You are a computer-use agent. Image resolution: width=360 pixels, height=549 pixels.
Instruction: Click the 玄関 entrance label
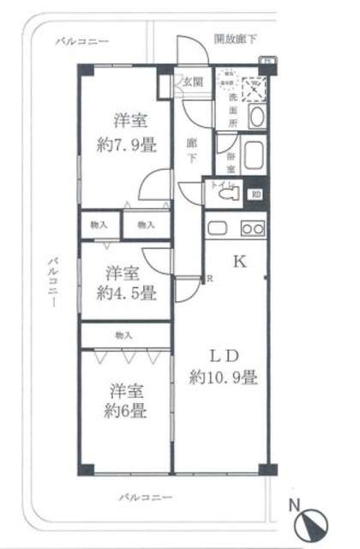pyautogui.click(x=191, y=82)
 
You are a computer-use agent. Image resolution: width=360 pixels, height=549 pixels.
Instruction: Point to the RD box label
pyautogui.click(x=257, y=193)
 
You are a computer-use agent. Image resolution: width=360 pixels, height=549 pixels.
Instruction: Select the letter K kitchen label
pyautogui.click(x=241, y=263)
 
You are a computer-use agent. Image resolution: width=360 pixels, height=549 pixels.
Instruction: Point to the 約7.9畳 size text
pyautogui.click(x=125, y=143)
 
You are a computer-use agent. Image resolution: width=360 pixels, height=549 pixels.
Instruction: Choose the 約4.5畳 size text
pyautogui.click(x=125, y=293)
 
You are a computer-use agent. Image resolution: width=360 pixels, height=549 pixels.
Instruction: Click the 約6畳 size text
pyautogui.click(x=123, y=411)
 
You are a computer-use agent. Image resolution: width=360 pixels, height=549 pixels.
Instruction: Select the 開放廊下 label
pyautogui.click(x=235, y=39)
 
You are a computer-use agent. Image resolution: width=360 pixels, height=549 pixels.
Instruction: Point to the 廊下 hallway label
pyautogui.click(x=193, y=150)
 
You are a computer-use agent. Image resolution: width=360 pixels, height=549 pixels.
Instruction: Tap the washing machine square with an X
pyautogui.click(x=254, y=87)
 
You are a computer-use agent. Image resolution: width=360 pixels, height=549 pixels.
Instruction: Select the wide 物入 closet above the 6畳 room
pyautogui.click(x=124, y=334)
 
